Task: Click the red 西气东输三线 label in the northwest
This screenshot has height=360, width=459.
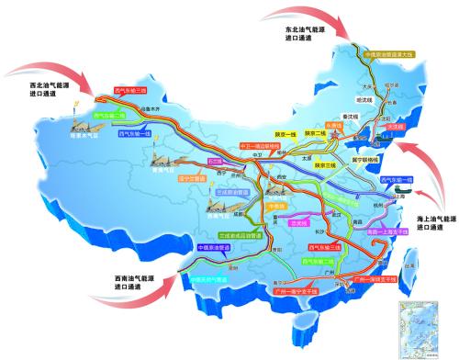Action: coord(129,91)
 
